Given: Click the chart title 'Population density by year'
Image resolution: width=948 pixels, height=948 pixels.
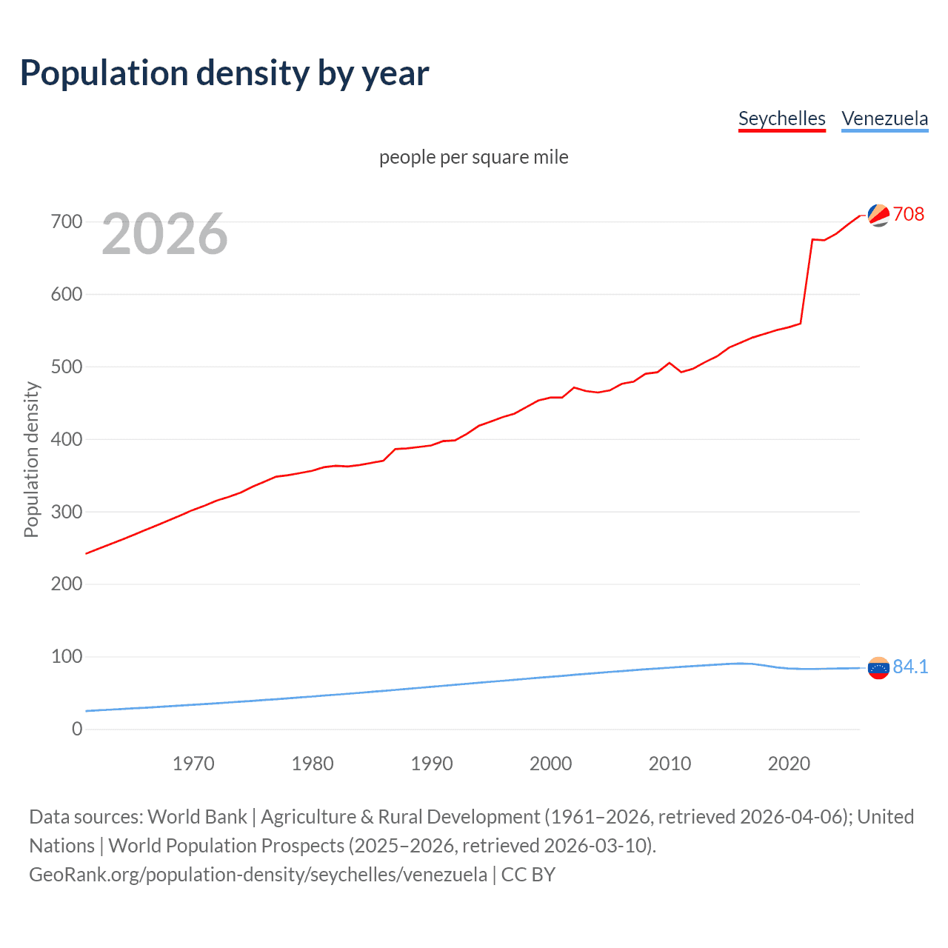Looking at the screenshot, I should [x=224, y=73].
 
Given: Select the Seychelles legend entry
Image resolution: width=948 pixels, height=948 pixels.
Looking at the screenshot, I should [x=781, y=118].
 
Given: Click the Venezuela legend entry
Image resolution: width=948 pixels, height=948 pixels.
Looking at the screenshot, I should [x=884, y=118].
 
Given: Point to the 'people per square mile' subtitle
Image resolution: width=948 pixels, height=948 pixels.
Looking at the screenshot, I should [x=473, y=157].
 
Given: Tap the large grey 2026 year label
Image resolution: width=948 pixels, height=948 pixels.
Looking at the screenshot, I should [x=164, y=234].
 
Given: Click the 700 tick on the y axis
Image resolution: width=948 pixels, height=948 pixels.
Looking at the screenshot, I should [x=67, y=221].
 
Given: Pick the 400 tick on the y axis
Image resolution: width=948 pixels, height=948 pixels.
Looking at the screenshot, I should [x=67, y=439].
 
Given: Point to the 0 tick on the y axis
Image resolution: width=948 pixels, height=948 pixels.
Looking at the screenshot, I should [x=77, y=729].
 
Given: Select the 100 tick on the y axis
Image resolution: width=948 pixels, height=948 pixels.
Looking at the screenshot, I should [x=67, y=656].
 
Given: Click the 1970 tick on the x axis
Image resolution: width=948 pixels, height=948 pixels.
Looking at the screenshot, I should [x=193, y=764].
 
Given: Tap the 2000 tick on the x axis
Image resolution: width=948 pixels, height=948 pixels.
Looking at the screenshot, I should [x=550, y=764].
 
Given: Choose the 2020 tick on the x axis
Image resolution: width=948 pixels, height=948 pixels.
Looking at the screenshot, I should [x=789, y=764].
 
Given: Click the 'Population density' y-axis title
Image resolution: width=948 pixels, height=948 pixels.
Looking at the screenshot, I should [x=31, y=459].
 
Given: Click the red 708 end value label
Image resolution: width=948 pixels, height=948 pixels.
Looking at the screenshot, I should [x=909, y=214].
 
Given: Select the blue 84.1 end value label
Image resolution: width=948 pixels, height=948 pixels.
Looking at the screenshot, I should [x=910, y=667].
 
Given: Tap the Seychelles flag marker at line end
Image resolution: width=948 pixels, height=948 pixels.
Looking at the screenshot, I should [x=878, y=215].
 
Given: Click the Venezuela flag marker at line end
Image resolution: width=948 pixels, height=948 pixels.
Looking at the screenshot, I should [x=878, y=667].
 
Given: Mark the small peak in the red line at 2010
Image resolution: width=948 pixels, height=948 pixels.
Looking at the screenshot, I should [x=670, y=363].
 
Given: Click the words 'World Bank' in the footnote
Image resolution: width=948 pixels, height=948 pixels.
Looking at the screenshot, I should [x=197, y=816].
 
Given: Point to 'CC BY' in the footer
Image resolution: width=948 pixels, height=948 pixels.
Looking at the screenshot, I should [x=528, y=874].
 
